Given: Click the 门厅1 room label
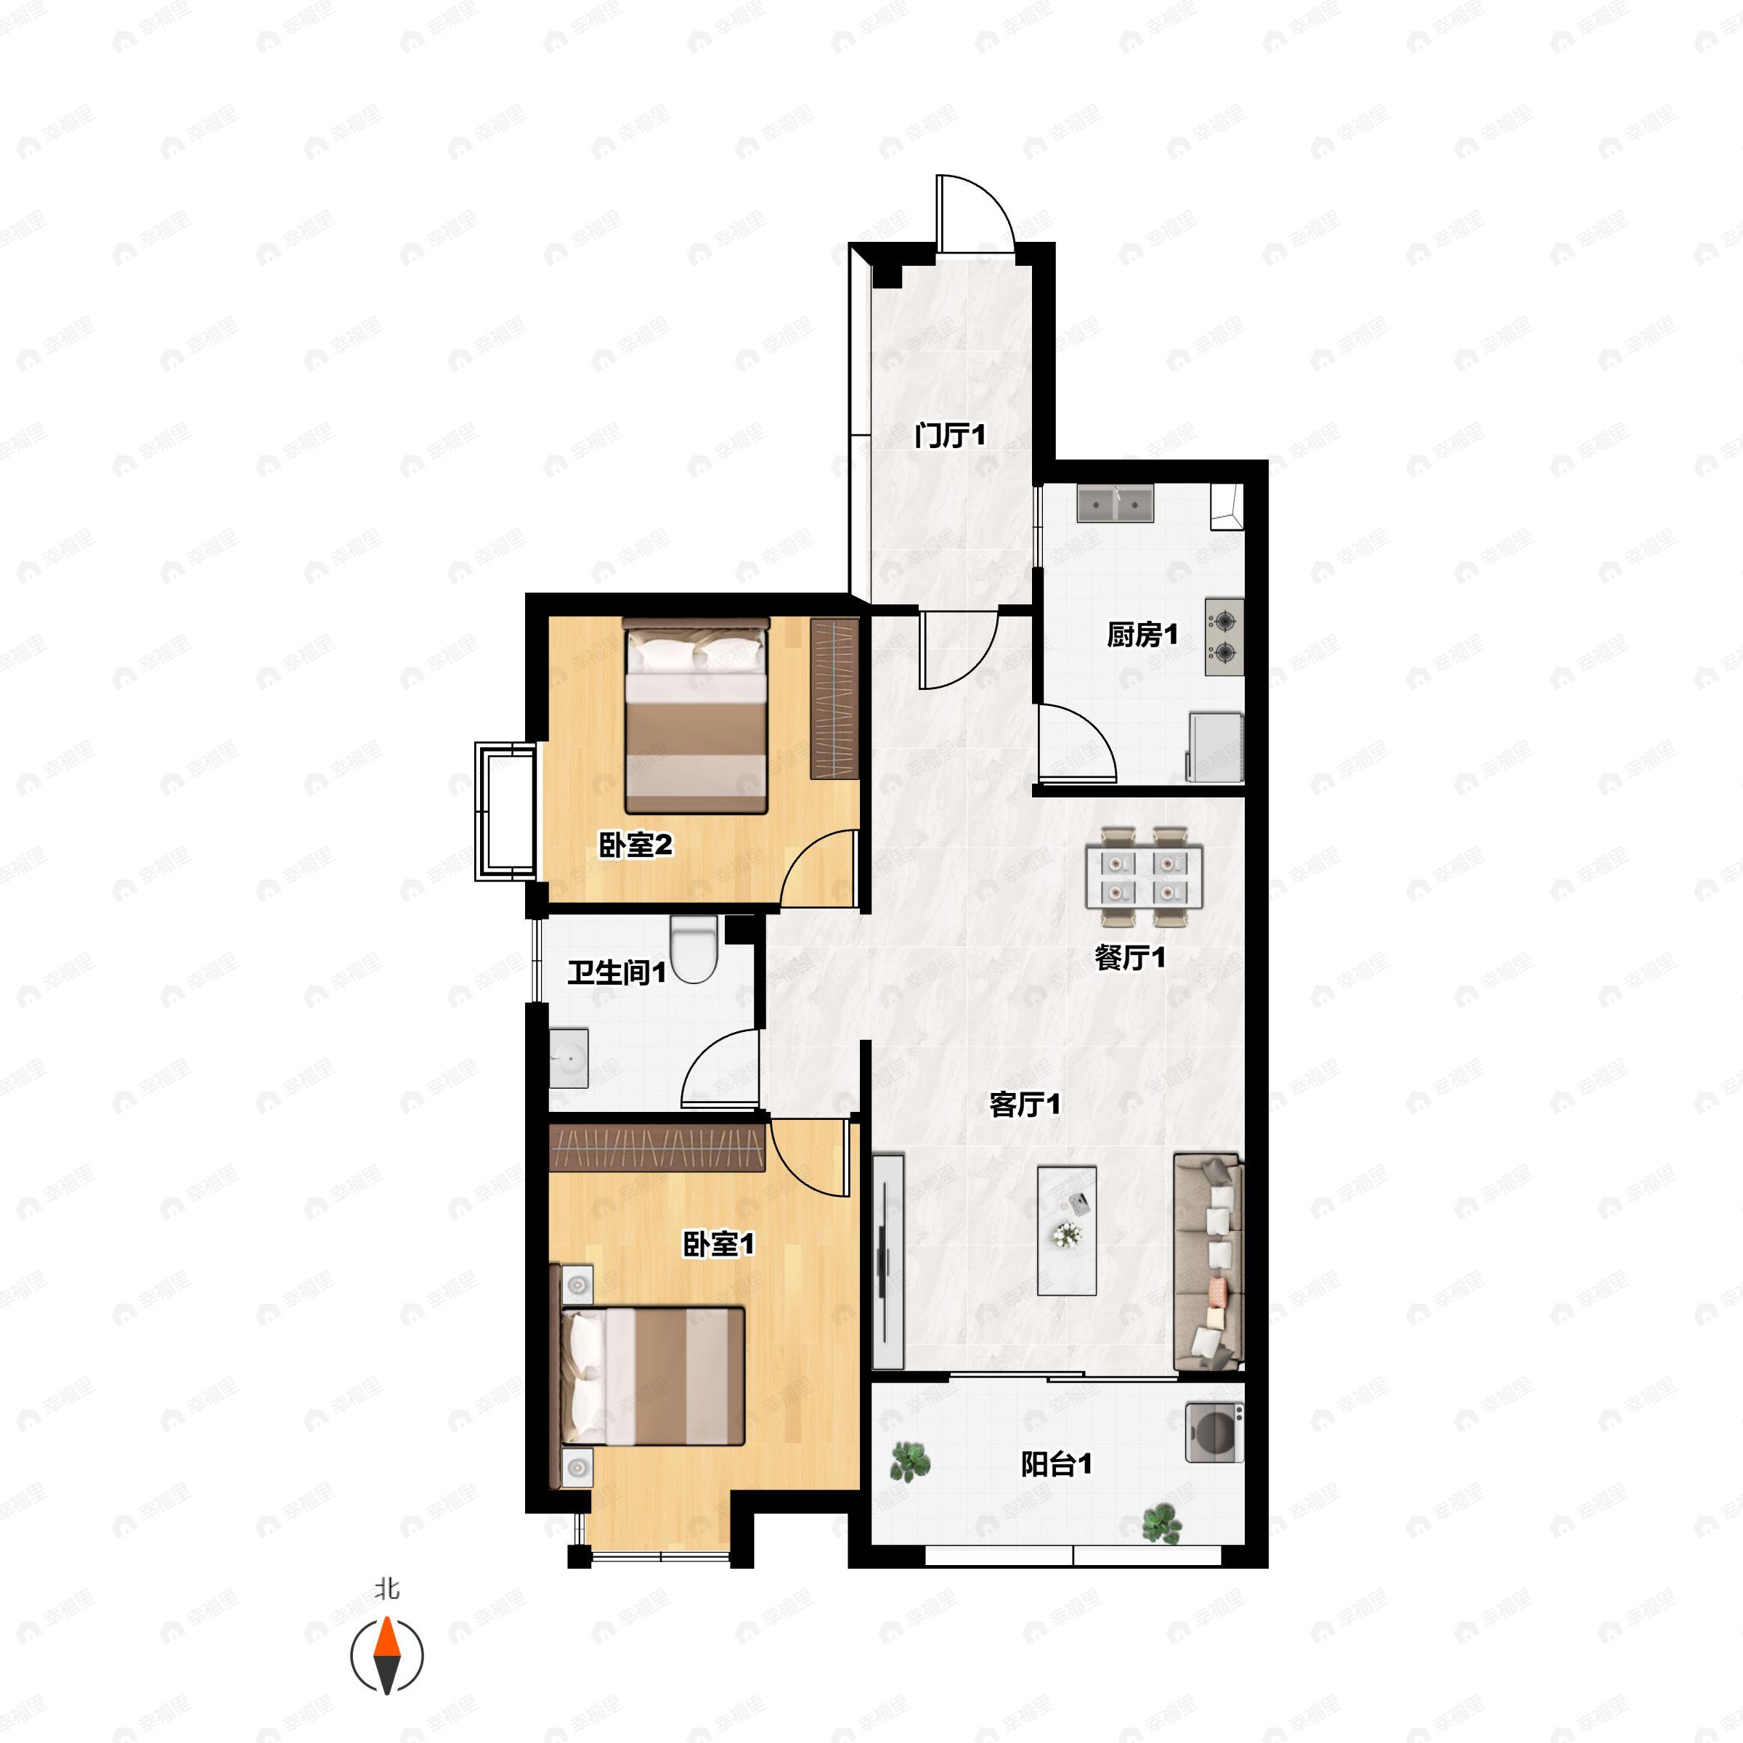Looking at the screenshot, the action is coord(950,436).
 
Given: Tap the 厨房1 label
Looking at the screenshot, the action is coord(1142,635).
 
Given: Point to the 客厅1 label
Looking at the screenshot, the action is coord(1025,1104).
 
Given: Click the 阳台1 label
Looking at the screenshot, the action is coord(1057,1464).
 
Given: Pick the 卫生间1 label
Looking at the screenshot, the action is coord(617,972).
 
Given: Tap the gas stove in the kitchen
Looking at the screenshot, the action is coord(1224,636).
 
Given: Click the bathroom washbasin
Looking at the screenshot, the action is coord(569,1058).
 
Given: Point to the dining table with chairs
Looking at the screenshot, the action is coord(1144,876).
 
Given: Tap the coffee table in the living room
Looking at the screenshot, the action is coord(1068,1230).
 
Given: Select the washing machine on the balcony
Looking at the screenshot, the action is coord(1214,1433).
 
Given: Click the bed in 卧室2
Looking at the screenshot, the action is coord(696,715).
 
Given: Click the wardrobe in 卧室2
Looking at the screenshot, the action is coord(834,699).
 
